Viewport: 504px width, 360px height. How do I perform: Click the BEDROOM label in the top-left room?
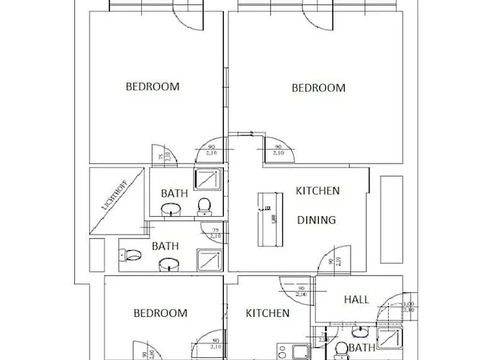(x=152, y=86)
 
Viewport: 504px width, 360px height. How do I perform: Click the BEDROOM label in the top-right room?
(x=318, y=88)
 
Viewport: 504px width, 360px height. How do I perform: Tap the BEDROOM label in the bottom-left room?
(x=161, y=313)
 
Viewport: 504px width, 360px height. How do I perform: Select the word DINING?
(x=316, y=220)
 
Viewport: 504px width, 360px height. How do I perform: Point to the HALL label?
(x=356, y=300)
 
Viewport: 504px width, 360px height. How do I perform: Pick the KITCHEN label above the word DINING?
(x=318, y=191)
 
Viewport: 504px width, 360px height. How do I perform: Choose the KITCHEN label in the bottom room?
(x=268, y=313)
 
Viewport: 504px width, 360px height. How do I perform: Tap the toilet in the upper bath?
(x=204, y=206)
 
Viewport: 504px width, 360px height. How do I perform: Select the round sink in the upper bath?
(x=171, y=210)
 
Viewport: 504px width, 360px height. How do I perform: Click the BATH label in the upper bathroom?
(x=174, y=193)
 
